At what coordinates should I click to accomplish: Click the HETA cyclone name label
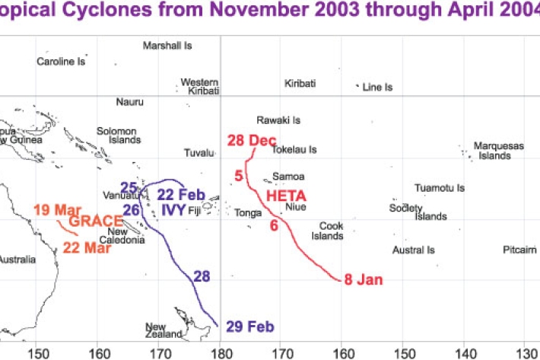click(281, 195)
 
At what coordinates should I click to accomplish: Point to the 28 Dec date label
click(251, 140)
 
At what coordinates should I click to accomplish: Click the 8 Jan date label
click(364, 279)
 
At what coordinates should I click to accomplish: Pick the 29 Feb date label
click(250, 327)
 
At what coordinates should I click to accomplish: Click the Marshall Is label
click(167, 46)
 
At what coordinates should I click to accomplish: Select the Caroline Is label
click(61, 62)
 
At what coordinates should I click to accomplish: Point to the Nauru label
click(129, 102)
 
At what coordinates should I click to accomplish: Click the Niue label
click(295, 206)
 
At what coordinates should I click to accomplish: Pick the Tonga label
click(248, 213)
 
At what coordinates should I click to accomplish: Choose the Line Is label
click(377, 88)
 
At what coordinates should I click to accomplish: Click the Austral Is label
click(413, 250)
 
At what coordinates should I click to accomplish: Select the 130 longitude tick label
click(528, 352)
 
